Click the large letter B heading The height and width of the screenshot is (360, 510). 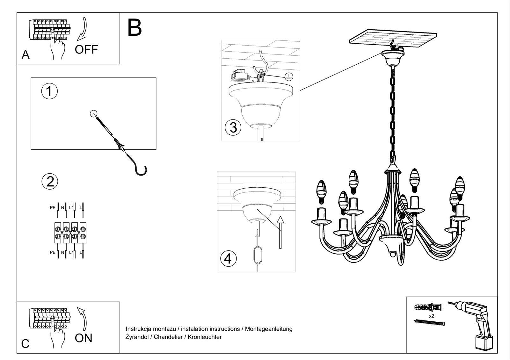point(135,28)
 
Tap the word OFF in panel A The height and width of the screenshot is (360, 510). point(86,50)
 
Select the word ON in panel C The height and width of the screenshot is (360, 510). point(84,338)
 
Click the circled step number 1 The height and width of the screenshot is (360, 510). point(49,91)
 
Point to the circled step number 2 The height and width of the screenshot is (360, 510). point(50,181)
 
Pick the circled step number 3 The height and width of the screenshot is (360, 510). point(233,127)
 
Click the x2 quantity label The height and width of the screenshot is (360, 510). point(431,316)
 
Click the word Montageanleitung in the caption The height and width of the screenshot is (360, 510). point(269,329)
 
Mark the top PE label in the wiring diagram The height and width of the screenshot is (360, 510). point(53,208)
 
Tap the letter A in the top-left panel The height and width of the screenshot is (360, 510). point(25,55)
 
